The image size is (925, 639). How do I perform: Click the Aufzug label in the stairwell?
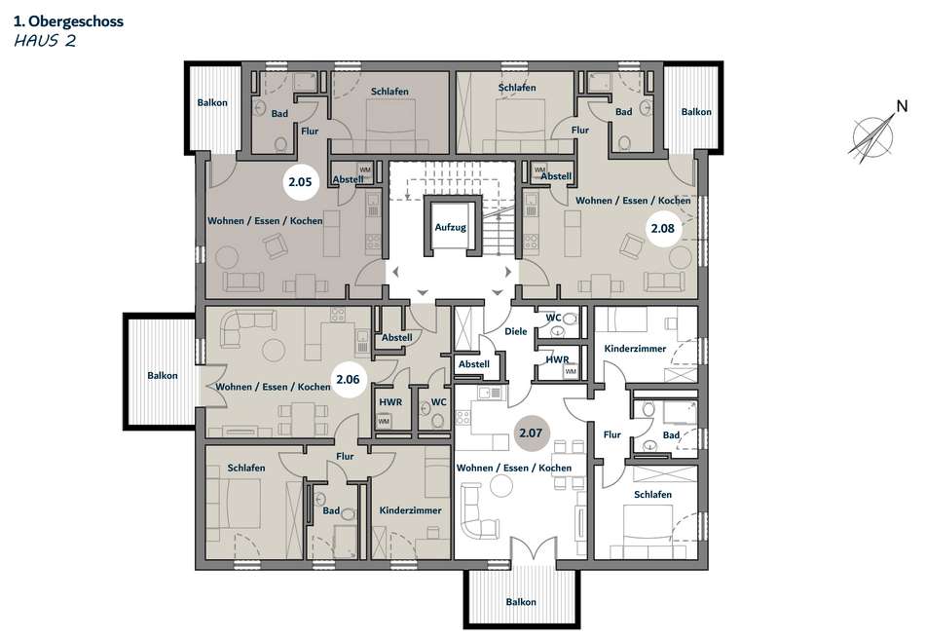point(450,227)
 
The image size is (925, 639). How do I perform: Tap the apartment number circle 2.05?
point(300,182)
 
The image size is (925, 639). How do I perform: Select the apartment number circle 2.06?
point(348,379)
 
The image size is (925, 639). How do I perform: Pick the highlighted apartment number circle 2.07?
point(531,433)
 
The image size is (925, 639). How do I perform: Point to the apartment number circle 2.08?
point(662,228)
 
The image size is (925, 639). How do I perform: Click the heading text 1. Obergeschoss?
point(68,21)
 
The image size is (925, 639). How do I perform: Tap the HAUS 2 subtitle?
point(45,41)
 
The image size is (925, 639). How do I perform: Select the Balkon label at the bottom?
point(521,602)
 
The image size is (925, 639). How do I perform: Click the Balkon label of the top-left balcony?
point(212,102)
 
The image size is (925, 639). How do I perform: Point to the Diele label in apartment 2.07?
point(516,331)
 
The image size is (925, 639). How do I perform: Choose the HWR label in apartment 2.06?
point(390,401)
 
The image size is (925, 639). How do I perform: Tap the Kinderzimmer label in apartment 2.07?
point(635,349)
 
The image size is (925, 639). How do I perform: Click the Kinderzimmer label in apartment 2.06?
point(410,510)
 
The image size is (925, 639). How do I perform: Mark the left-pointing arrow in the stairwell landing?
point(396,272)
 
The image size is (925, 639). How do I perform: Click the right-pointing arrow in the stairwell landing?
point(508,272)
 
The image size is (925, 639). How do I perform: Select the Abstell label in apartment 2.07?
point(474,364)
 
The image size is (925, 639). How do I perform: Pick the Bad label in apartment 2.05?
point(279,113)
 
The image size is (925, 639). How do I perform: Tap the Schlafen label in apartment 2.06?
point(246,468)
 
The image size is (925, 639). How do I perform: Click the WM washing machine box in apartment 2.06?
point(384,421)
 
